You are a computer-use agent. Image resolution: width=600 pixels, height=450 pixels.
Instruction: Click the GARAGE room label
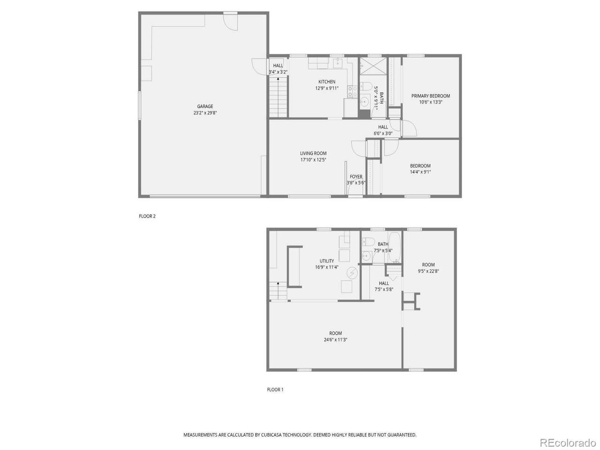point(205,106)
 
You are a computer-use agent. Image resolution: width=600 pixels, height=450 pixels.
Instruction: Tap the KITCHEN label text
point(326,82)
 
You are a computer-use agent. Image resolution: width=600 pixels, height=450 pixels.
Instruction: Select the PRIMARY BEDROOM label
point(430,96)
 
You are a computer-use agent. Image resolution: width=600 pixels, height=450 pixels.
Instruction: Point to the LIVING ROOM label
point(313,153)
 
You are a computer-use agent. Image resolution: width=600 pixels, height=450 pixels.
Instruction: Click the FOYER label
point(356,177)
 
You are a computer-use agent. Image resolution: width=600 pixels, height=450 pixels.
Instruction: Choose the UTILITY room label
point(327,261)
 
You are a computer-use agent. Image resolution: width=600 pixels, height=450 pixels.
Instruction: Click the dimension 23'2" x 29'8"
point(205,112)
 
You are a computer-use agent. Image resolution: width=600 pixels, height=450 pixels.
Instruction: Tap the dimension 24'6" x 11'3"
point(335,340)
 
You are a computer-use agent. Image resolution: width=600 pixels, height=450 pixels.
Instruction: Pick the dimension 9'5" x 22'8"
point(428,271)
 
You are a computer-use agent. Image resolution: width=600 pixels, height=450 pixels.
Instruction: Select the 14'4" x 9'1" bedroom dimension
point(420,172)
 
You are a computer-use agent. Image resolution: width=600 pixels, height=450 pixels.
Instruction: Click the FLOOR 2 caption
point(147,216)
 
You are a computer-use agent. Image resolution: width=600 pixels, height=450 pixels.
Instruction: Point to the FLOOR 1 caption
point(275,390)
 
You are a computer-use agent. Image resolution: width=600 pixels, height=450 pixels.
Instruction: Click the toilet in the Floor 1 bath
point(368,242)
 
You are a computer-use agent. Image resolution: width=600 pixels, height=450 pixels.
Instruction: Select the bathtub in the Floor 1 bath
point(394,247)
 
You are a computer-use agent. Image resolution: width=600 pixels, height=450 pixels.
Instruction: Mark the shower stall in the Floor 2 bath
point(373,66)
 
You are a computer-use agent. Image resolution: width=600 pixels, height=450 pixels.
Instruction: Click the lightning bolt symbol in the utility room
point(352,272)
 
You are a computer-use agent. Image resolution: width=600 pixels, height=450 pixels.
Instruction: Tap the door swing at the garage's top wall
point(231,22)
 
